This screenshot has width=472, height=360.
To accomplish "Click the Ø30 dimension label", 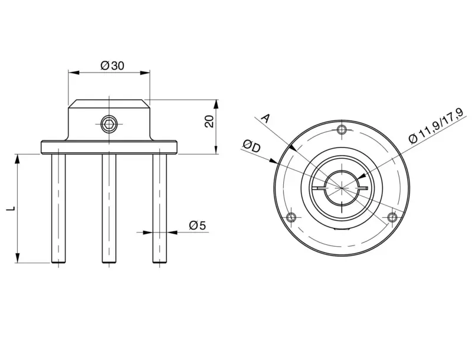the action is [x=112, y=66].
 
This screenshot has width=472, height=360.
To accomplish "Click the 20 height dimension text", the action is [x=209, y=122].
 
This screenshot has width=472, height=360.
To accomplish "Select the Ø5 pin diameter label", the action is [x=198, y=225].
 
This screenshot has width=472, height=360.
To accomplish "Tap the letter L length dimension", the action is [x=11, y=208].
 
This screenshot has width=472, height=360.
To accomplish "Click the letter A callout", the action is [x=265, y=118].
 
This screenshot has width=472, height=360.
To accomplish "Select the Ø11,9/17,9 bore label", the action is [x=437, y=125].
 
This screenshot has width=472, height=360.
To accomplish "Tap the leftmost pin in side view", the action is [x=58, y=208].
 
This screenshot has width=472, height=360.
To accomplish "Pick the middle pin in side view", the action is [x=109, y=208].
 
